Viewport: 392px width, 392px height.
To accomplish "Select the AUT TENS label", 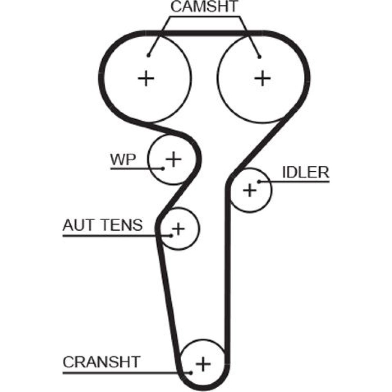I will coord(102,225).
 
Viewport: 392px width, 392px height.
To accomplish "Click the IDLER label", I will coord(305,172).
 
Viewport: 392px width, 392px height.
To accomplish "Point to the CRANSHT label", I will coord(102,361).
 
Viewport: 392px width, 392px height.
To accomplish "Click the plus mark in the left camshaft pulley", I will coord(147,79).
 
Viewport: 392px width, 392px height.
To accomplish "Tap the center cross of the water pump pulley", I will coord(173,159).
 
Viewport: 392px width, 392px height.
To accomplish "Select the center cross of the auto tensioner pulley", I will coord(178,228).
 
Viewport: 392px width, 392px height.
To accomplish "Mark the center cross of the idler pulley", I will coord(249,191).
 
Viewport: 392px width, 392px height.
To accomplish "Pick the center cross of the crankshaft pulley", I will coord(203,364).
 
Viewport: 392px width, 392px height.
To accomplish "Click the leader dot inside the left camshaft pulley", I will coord(149,55).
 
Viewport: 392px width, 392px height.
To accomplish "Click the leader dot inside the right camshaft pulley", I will coord(259,57).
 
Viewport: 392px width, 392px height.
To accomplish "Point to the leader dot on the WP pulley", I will coord(163,169).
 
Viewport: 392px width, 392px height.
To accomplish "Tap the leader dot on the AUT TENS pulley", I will coord(172,236).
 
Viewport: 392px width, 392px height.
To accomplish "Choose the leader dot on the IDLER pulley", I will coord(259,181).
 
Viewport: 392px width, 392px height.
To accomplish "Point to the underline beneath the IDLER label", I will coord(298,181).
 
